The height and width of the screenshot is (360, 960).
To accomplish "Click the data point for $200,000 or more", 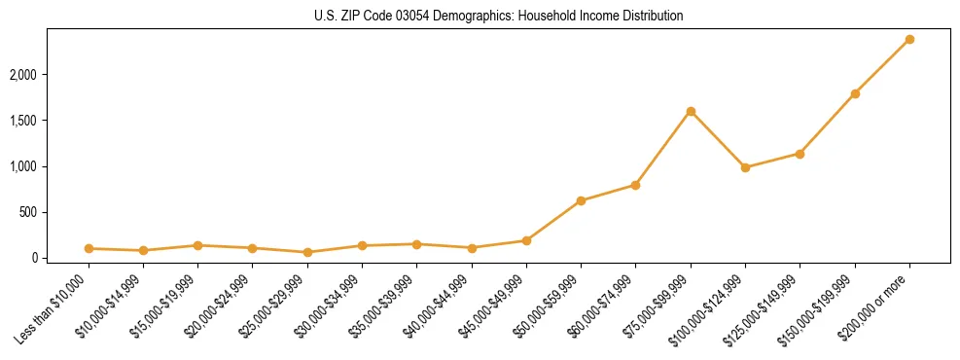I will (x=909, y=39).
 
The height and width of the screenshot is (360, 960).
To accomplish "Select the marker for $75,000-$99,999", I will (x=691, y=111).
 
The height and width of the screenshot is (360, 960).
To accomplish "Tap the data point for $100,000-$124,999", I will (x=745, y=167).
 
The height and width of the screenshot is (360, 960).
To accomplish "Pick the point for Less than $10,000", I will (x=89, y=248).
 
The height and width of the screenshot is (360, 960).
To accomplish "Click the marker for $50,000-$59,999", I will (x=581, y=200).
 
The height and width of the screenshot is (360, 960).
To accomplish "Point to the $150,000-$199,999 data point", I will (x=855, y=93).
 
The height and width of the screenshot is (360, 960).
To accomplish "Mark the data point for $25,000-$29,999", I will (x=307, y=252).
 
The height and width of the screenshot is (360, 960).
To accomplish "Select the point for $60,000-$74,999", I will (x=635, y=185).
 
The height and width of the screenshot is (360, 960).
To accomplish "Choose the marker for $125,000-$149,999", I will (x=800, y=154).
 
